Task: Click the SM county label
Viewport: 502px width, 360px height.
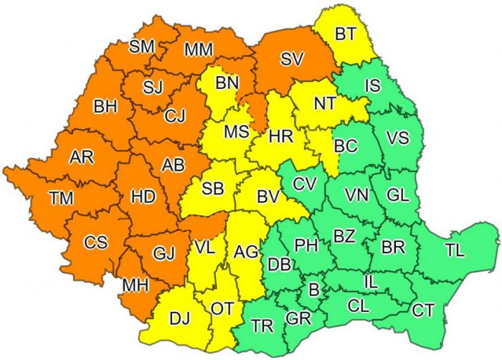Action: (x=142, y=48)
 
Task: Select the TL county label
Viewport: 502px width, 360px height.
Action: (x=454, y=250)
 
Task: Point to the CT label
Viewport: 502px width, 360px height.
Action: (x=423, y=311)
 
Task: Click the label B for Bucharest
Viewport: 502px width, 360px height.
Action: (x=313, y=290)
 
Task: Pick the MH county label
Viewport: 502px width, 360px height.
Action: (x=135, y=285)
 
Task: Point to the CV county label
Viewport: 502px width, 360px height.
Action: (x=304, y=182)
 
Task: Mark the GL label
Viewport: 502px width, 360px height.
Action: (x=398, y=194)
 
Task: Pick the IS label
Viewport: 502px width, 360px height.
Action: (x=372, y=86)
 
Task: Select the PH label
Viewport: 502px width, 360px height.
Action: (x=306, y=245)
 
